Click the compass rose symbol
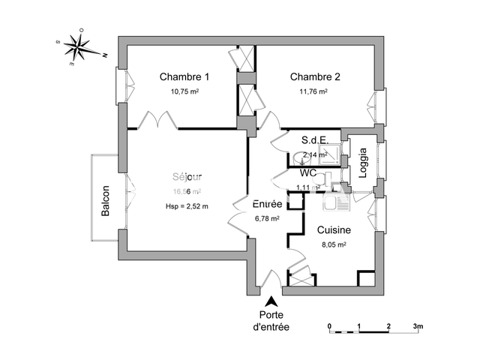[77, 47]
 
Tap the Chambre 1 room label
[184, 76]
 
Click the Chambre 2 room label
[315, 76]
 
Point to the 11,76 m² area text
[315, 91]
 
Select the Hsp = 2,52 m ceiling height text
[187, 206]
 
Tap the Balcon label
[106, 201]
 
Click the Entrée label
[267, 204]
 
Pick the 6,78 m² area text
[267, 219]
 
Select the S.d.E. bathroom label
[315, 140]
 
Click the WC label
[308, 172]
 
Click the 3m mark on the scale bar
[418, 326]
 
